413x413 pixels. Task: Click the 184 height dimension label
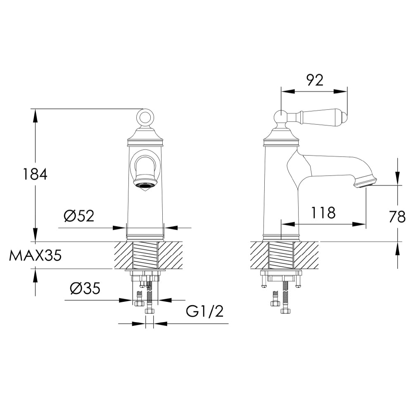coord(35,174)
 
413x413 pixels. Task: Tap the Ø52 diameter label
coord(79,216)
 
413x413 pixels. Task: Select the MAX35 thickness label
coord(35,256)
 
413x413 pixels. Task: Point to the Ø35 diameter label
coord(85,289)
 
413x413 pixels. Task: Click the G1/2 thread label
coord(204,311)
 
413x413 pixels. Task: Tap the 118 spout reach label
coord(323,213)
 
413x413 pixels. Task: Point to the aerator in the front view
coord(145,185)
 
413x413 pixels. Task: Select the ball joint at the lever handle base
coord(281,117)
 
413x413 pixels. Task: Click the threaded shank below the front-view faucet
coord(145,255)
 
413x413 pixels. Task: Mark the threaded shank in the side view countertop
coord(281,255)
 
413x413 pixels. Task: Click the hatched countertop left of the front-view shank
coord(123,255)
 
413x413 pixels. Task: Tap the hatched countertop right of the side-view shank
coord(306,255)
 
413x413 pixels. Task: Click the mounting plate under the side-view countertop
coord(281,273)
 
